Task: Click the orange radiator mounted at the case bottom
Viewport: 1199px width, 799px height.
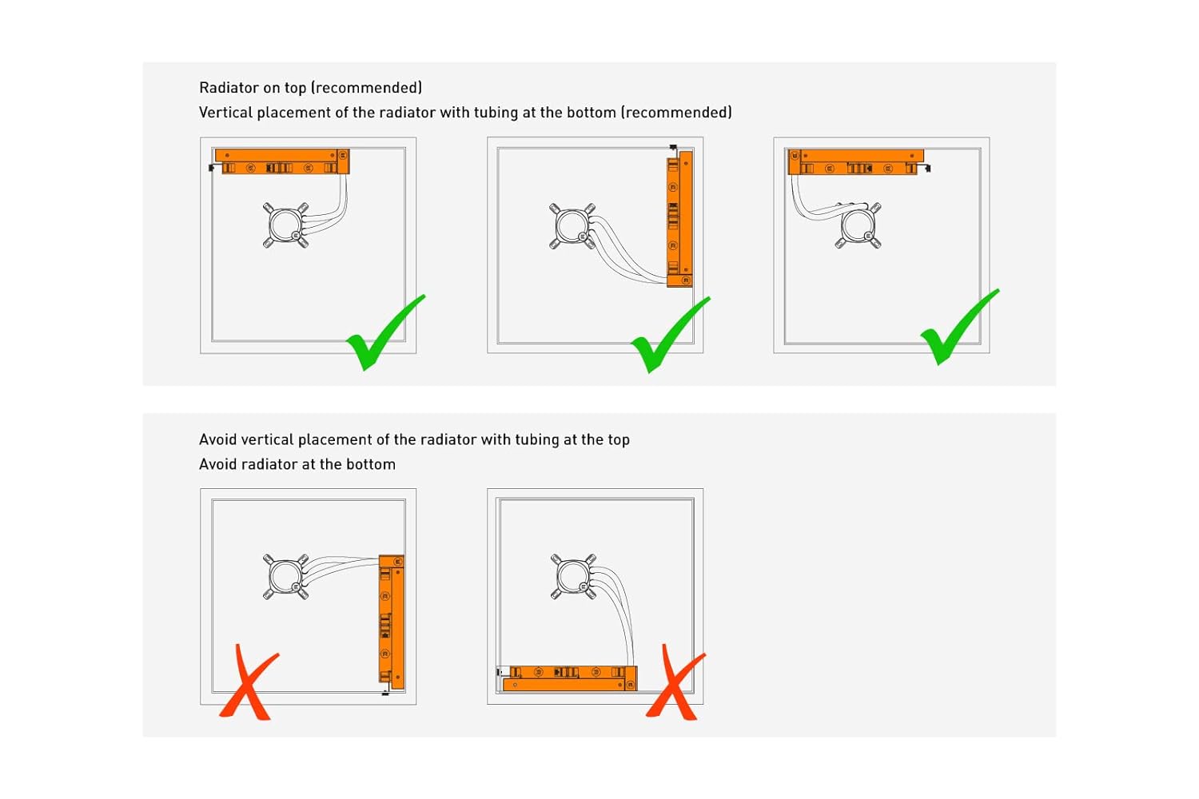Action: [569, 678]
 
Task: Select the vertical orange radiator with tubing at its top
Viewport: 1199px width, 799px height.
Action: [392, 622]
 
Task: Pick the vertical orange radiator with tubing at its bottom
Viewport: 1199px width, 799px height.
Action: [679, 219]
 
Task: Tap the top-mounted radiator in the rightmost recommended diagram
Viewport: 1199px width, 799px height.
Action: [856, 162]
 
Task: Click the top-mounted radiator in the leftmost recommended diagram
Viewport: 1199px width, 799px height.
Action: [282, 161]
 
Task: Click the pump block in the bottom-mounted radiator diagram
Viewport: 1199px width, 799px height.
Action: [573, 576]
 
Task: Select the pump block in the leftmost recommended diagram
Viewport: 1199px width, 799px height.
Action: [286, 225]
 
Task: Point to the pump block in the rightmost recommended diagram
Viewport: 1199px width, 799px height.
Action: [858, 225]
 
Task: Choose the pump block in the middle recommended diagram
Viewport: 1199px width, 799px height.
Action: [572, 226]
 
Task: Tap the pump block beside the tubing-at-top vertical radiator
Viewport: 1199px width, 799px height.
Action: [286, 576]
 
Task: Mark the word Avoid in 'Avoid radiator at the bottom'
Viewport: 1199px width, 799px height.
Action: [218, 464]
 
